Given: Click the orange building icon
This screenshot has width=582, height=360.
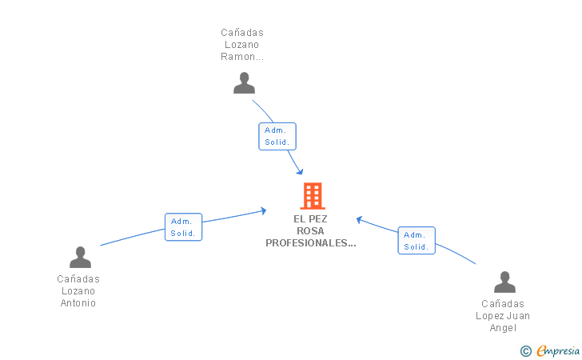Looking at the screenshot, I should (312, 195).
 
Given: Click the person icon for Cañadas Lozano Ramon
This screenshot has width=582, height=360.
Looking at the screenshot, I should (244, 82).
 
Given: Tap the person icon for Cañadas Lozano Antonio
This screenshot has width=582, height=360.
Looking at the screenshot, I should (80, 257).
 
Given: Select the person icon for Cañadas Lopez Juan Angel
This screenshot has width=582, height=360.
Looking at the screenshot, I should (504, 282).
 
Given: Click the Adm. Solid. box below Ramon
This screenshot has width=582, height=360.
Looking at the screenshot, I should (277, 136).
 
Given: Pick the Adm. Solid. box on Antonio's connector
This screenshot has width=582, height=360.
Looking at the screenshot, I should (183, 227).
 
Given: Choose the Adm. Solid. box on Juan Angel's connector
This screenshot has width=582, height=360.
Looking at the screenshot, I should (417, 241).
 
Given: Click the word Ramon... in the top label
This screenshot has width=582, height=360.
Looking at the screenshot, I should (242, 58).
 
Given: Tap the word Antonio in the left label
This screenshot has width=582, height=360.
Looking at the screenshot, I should (79, 303).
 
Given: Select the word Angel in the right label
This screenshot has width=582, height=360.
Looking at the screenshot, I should (504, 328).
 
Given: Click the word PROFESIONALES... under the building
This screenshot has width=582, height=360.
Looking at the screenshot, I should (311, 243).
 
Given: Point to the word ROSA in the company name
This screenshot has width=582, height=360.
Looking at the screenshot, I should (311, 231).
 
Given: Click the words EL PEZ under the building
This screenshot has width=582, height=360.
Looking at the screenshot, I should (311, 219).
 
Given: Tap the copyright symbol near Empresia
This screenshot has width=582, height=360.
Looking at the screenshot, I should (525, 350).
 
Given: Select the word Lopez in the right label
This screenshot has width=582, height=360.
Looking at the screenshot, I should (491, 316).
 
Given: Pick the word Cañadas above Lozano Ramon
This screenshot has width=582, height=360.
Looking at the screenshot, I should (242, 33).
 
